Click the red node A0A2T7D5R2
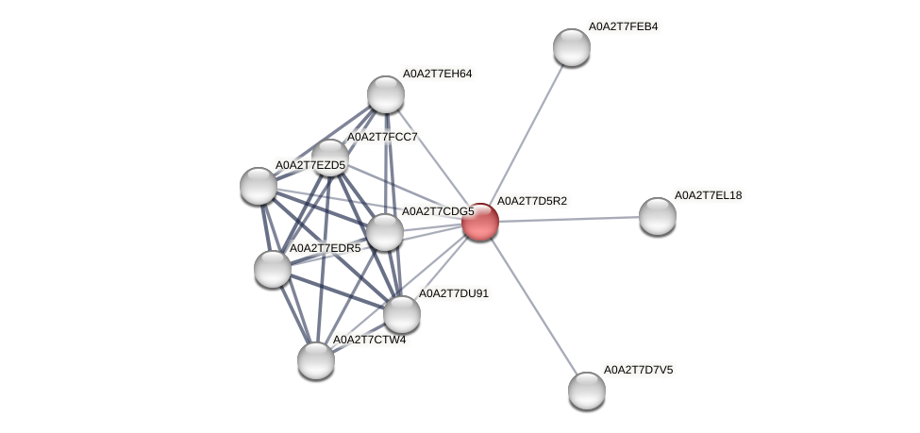point(479,222)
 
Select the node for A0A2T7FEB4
point(571,47)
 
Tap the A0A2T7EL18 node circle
point(657,216)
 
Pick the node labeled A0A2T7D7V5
point(586,390)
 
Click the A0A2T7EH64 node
point(385,93)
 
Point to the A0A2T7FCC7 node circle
point(329,158)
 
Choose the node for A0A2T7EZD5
point(258,186)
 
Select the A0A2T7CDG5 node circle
point(384,232)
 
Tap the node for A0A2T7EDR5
point(272,269)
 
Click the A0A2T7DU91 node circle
point(401,314)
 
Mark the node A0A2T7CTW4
point(315,359)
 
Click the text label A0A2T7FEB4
point(623,26)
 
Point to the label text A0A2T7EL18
point(708,195)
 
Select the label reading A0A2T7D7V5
point(638,369)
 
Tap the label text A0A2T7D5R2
point(531,201)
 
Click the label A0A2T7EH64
point(437,73)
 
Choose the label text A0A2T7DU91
point(453,293)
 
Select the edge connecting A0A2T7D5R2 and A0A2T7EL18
point(568,219)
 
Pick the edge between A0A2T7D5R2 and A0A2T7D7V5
point(533,306)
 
